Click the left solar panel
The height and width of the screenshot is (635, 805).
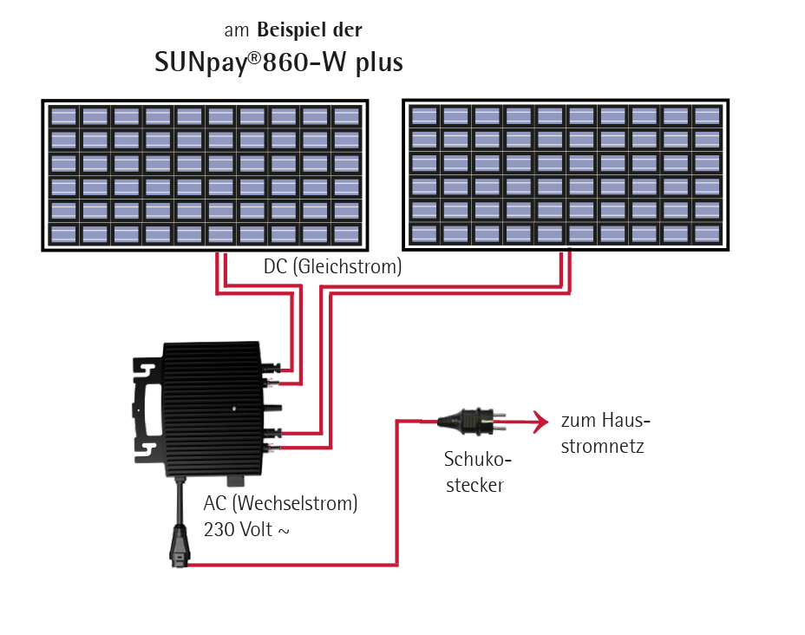pos(205,176)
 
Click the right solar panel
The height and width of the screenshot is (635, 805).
pos(566,175)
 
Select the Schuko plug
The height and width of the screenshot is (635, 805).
pos(468,422)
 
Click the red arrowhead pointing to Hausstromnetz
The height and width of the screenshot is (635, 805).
pos(541,422)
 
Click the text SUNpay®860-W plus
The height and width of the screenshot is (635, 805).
pos(278,63)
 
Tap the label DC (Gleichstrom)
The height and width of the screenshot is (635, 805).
pos(333,267)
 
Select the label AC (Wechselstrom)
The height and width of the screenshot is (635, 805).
pos(280,504)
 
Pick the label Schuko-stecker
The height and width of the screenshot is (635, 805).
pos(474,472)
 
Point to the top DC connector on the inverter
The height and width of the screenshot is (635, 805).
pos(272,369)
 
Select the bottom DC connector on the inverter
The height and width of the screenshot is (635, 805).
pos(272,448)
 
